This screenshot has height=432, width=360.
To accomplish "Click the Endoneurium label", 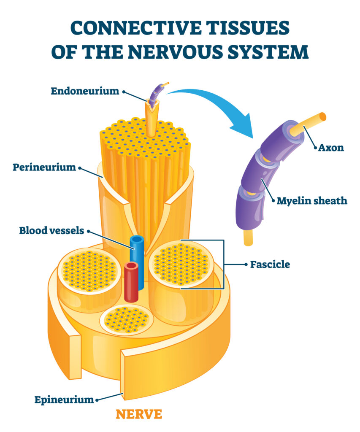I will pos(85,91).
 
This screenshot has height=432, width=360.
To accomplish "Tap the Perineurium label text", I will pos(44,167).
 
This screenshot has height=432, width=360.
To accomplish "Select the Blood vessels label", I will pos(51,231).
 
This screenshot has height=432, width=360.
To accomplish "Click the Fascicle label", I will pos(270,265).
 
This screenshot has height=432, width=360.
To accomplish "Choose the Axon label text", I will pos(330,148).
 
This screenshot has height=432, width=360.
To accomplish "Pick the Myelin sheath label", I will pos(312,201).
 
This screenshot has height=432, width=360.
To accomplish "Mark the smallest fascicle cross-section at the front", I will pos(127,319).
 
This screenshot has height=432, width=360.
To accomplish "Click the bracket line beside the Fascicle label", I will pos(223,264).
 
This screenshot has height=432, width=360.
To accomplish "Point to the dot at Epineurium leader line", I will pos(97,399).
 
